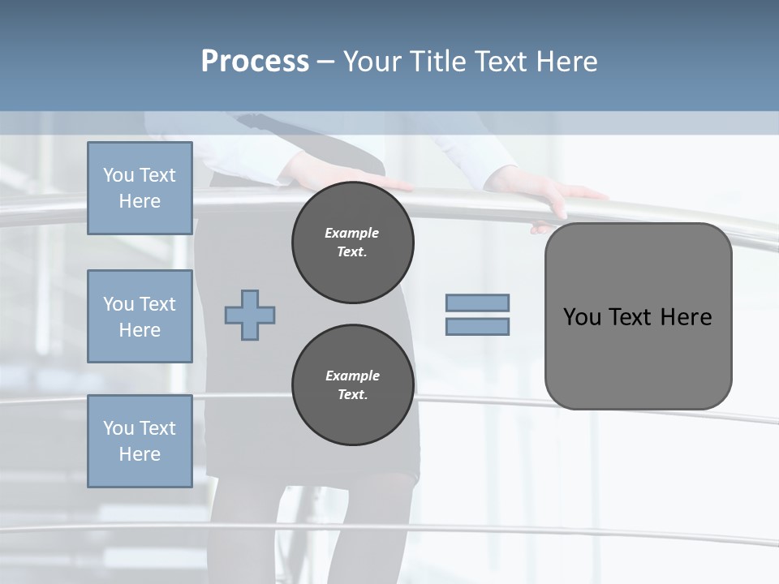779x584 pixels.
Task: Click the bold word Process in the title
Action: point(255,62)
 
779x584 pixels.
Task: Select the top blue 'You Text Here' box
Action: point(140,188)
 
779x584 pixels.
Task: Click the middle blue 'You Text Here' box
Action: point(140,316)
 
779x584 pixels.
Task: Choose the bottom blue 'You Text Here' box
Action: point(140,440)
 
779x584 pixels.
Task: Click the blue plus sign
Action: point(250,315)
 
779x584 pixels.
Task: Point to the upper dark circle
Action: point(353,243)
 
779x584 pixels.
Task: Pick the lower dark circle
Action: point(353,385)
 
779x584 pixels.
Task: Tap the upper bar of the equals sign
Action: point(477,303)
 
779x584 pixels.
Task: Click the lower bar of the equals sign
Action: point(477,327)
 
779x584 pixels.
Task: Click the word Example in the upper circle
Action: point(351,233)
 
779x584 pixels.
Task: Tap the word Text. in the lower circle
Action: point(352,395)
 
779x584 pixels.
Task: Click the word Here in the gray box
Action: point(686,317)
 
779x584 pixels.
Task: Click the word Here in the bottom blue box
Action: point(140,454)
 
